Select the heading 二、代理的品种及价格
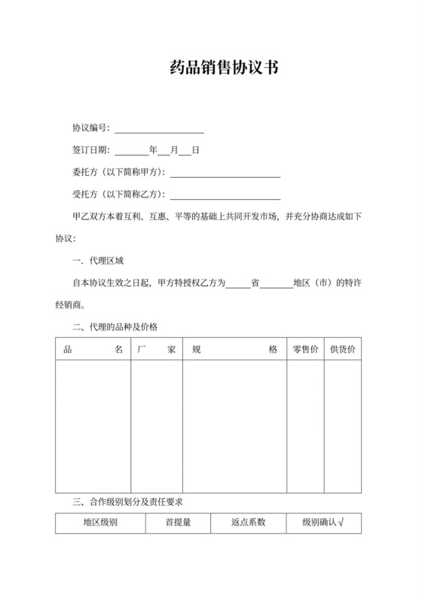point(115,327)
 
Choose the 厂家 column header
point(157,351)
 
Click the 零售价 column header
point(305,351)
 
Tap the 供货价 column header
point(344,351)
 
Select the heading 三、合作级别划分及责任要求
point(127,501)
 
